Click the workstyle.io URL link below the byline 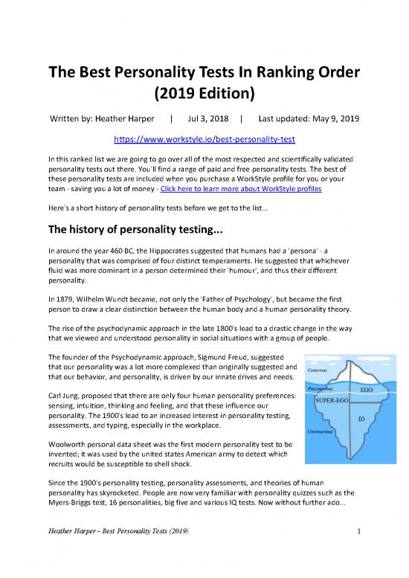click(204, 139)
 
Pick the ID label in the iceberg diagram click(361, 419)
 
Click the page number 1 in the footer click(358, 531)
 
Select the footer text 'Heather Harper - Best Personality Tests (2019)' click(117, 531)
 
